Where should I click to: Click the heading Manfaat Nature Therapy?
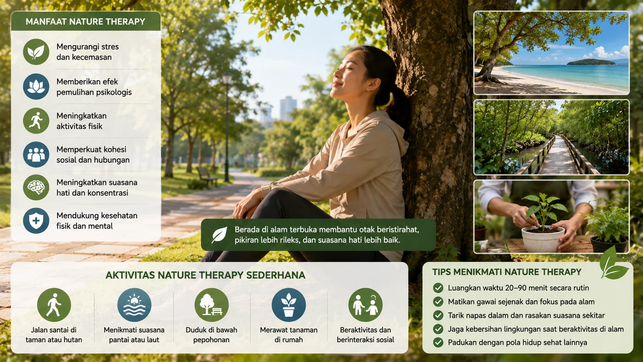85,22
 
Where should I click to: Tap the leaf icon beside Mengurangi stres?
36,52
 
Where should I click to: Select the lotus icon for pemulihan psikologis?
36,87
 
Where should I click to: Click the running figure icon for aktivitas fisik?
36,120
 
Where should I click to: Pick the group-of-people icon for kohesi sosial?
36,154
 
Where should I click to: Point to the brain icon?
36,187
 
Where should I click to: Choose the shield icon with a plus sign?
36,220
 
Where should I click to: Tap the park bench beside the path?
207,176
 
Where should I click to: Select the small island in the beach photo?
591,62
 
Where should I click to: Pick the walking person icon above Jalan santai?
54,305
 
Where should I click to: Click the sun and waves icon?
134,305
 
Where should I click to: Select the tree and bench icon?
212,305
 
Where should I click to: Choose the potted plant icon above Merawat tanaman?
289,305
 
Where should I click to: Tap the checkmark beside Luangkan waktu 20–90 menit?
438,288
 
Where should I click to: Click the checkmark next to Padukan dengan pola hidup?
438,342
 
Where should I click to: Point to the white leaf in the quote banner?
219,235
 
